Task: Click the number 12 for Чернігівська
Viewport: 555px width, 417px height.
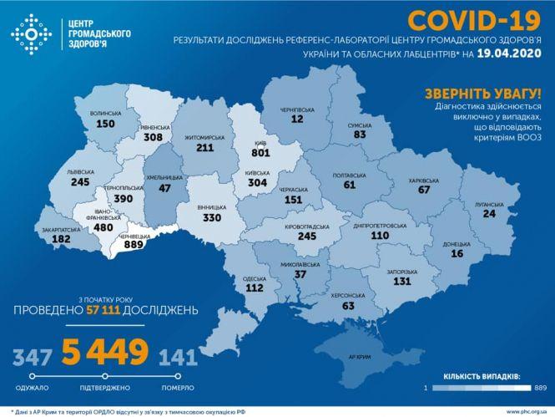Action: click(x=296, y=120)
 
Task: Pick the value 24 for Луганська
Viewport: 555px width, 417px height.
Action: click(x=488, y=213)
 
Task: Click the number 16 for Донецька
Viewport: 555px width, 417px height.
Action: click(x=457, y=254)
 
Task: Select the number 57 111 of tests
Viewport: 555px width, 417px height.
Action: click(x=110, y=310)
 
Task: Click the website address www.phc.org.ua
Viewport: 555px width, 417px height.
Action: click(x=521, y=412)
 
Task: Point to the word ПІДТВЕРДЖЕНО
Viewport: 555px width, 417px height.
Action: click(x=105, y=388)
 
